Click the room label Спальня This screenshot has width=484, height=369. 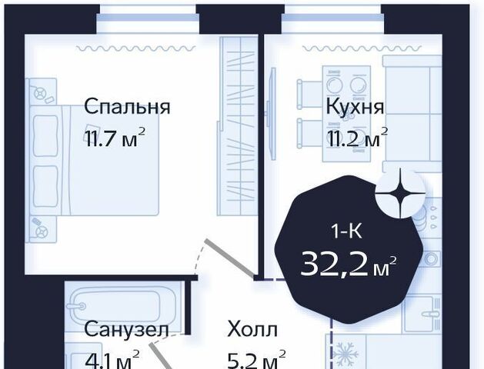(127, 107)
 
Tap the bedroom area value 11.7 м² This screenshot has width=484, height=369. (115, 137)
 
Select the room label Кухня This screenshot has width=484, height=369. (355, 107)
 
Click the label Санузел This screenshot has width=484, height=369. (126, 329)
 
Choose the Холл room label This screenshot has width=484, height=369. (252, 329)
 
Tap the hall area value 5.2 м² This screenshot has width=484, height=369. (256, 360)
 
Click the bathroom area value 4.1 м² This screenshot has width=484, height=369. (112, 360)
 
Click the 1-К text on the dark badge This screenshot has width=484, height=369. (346, 231)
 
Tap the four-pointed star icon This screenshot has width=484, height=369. (400, 193)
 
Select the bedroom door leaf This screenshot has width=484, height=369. (230, 258)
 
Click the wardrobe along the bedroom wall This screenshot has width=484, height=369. (238, 126)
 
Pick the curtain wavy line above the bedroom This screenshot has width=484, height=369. (136, 48)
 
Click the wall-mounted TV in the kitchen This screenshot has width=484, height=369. (272, 113)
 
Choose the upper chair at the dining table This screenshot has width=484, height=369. (309, 94)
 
